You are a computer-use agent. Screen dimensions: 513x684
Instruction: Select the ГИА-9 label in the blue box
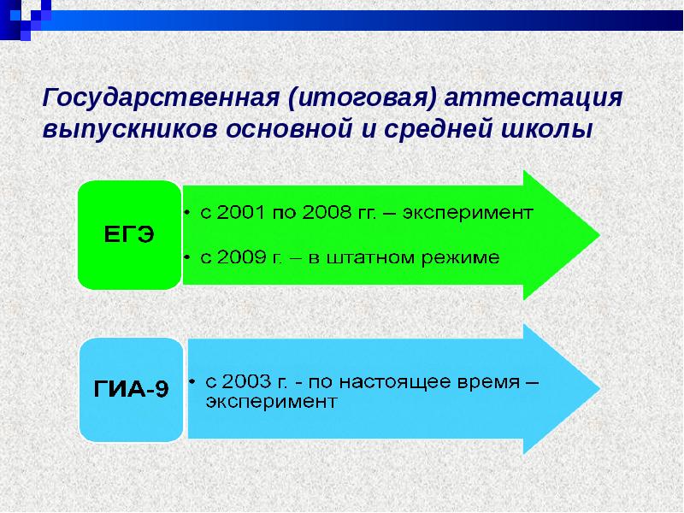(x=131, y=390)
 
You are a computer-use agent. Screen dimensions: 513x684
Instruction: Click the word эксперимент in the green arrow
(x=470, y=212)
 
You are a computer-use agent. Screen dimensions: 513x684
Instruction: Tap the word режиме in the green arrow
(x=458, y=256)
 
